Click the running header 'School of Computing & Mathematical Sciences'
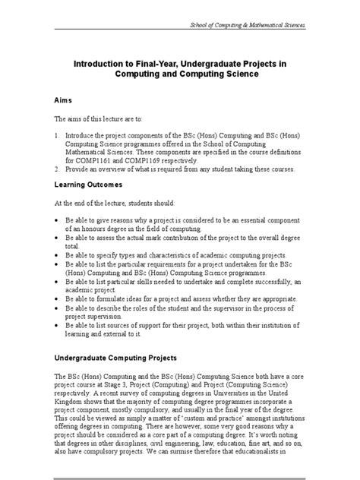click(x=247, y=25)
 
